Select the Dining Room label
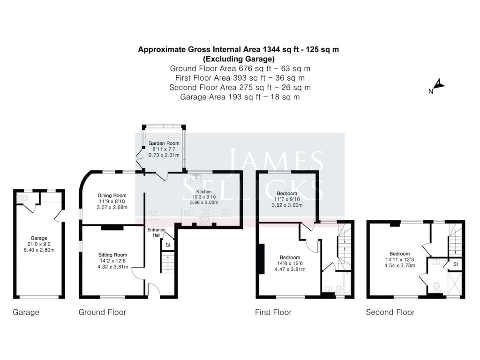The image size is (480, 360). pos(112,195)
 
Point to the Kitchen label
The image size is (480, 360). pos(204,192)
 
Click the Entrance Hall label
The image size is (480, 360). pos(154,232)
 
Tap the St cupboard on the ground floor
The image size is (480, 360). pos(168,244)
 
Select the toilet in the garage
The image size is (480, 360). pos(22,199)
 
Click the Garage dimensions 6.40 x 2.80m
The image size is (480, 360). pos(39,250)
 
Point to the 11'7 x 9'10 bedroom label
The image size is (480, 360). pos(286,194)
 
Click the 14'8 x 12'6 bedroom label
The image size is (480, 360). pos(290,257)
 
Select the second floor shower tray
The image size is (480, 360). pos(454,282)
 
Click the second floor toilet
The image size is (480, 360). pos(437,286)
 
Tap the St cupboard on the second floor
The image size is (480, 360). pos(454,265)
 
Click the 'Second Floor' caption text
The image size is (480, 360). pos(390,312)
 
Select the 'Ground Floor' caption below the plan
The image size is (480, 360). pos(102,312)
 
